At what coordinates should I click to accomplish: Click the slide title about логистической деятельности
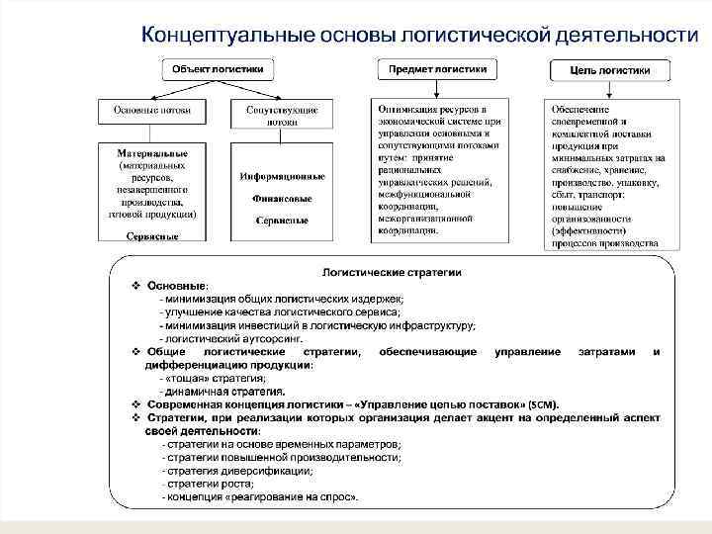pos(412,35)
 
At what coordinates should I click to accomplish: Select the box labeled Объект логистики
pos(219,70)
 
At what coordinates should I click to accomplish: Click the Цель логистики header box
pos(610,71)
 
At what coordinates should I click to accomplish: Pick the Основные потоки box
pos(151,111)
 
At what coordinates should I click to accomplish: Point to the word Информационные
pos(282,177)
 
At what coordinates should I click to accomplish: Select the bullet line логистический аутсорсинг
pos(225,338)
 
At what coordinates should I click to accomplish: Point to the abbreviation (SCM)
pos(543,404)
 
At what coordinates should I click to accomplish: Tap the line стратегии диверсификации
pos(228,471)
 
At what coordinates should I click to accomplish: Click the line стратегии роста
pos(211,484)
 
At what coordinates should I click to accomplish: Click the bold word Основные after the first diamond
pos(176,285)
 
